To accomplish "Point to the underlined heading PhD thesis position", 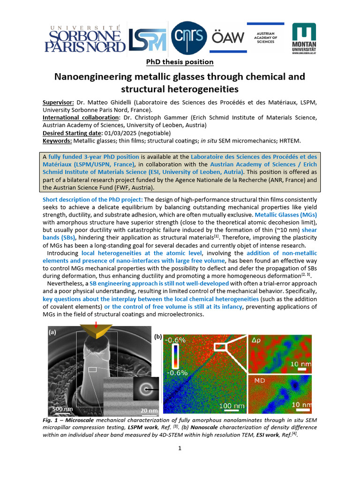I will pyautogui.click(x=180, y=62).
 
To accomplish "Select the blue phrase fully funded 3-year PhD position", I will pyautogui.click(x=94, y=157).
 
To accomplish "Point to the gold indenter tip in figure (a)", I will pyautogui.click(x=96, y=331).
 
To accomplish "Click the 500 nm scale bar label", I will pyautogui.click(x=62, y=409).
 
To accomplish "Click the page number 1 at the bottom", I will pyautogui.click(x=180, y=449).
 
